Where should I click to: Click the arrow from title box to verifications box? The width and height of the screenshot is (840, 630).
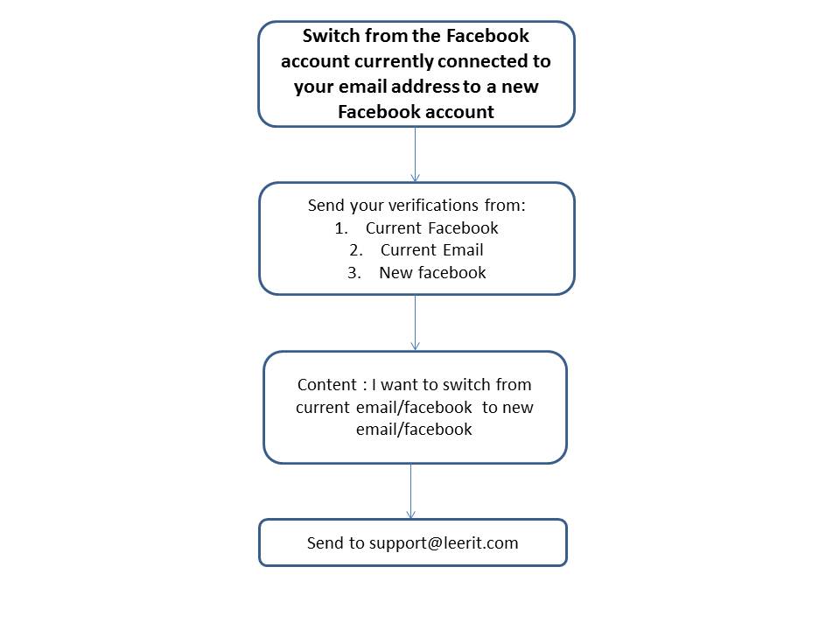pos(415,155)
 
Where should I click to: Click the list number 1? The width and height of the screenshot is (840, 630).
pos(341,228)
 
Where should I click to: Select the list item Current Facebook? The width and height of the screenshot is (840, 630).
pos(431,228)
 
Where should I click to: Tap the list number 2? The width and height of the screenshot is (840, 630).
pos(356,250)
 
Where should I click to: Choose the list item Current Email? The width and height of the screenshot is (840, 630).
pos(431,250)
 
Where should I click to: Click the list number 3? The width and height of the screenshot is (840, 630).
pos(354,273)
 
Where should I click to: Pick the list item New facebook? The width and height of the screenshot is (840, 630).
pos(432,273)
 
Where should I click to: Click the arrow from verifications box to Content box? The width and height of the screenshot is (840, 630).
pos(415,323)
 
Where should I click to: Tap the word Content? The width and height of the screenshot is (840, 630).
pos(326,385)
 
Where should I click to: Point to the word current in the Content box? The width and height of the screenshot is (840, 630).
pos(323,408)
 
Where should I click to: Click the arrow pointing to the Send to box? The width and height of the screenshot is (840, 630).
pos(411,491)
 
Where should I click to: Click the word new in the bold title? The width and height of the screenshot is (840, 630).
pos(520,87)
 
